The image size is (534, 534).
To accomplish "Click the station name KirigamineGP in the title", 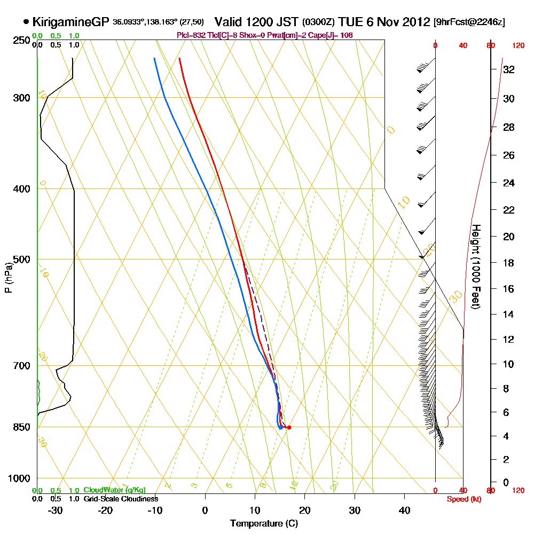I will pyautogui.click(x=72, y=22).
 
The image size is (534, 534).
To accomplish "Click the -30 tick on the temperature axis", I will pyautogui.click(x=56, y=510).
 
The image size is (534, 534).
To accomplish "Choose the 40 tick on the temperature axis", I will pyautogui.click(x=404, y=510).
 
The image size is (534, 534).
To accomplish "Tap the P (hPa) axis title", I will pyautogui.click(x=7, y=277).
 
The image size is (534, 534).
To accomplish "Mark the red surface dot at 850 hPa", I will pyautogui.click(x=289, y=427).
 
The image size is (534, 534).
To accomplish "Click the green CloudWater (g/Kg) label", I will pyautogui.click(x=114, y=490).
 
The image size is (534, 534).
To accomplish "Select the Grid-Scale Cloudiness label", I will pyautogui.click(x=121, y=499).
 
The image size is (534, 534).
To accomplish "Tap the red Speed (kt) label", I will pyautogui.click(x=463, y=499).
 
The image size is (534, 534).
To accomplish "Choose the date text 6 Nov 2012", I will pyautogui.click(x=402, y=22).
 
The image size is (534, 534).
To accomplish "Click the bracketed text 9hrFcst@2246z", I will pyautogui.click(x=469, y=22).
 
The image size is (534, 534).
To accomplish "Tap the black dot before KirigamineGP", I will pyautogui.click(x=26, y=22).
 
